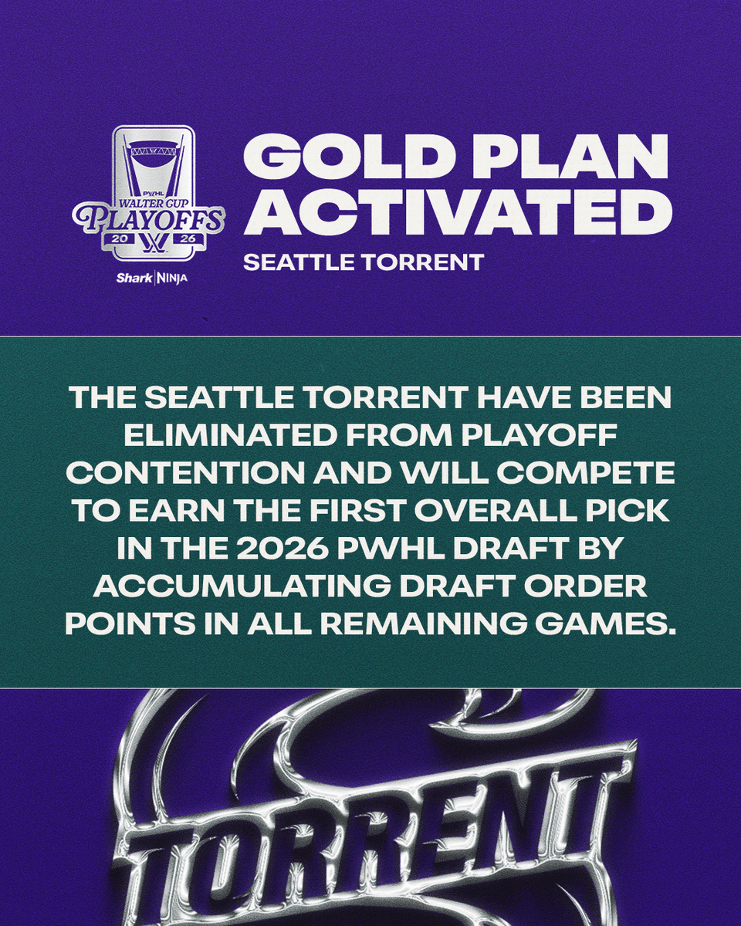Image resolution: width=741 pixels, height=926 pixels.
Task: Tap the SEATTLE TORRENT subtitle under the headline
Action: [363, 262]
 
